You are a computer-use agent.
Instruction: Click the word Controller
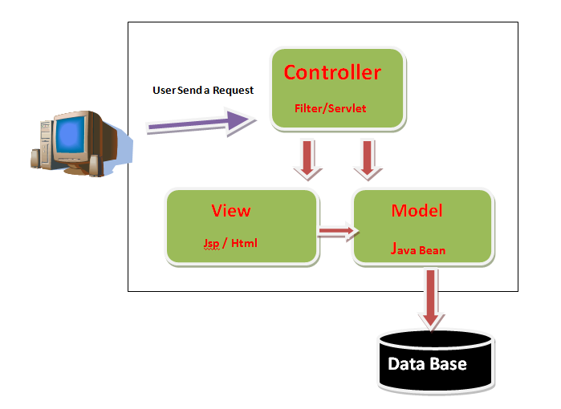coord(332,73)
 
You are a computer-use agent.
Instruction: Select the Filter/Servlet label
coord(329,107)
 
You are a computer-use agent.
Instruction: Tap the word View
coord(231,211)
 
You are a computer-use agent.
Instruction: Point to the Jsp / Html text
coord(230,242)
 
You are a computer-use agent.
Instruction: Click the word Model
coord(417,211)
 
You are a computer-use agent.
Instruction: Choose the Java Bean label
coord(418,249)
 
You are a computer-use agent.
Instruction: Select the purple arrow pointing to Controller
coord(201,122)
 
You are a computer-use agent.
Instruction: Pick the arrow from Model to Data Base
coord(432,298)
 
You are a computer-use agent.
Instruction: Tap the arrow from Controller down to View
coord(307,158)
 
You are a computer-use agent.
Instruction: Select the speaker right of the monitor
coord(96,164)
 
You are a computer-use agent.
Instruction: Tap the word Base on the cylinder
coord(448,364)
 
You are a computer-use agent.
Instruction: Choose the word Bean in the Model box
coord(432,250)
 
